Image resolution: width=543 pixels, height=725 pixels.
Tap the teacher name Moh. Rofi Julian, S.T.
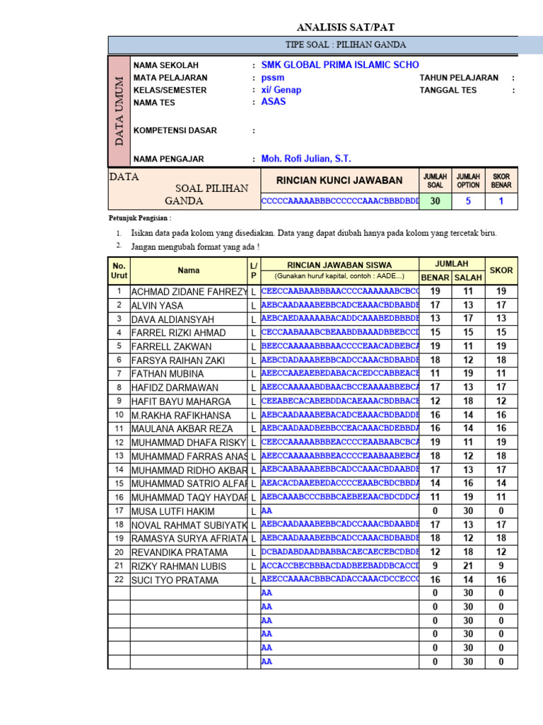pos(306,159)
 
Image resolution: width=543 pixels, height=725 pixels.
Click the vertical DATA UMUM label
pos(119,110)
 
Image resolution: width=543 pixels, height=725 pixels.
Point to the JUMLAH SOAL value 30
pos(436,201)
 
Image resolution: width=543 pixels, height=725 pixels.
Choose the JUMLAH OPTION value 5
pos(468,201)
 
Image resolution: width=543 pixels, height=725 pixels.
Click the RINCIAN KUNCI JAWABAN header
pos(339,181)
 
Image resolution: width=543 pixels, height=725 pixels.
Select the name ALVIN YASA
pos(157,306)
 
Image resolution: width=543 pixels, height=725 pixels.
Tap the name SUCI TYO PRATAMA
pos(175,580)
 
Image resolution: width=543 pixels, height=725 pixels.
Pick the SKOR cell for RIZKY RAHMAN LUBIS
pos(501,566)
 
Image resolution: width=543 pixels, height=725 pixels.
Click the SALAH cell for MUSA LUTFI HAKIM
pos(468,510)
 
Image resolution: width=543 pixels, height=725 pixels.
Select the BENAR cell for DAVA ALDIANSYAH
pos(436,319)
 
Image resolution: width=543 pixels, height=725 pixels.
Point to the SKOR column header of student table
pos(501,270)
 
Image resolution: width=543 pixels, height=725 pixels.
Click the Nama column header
pos(189,270)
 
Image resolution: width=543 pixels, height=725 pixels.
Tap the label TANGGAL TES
pos(448,90)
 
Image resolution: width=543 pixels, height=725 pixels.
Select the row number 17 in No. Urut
pos(119,510)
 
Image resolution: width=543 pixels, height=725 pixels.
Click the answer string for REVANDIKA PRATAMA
pos(340,552)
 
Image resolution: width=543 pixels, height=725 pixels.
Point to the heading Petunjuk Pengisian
pos(139,217)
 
